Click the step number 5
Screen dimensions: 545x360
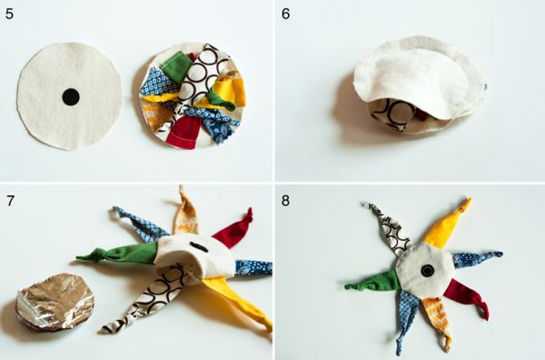(x=10, y=14)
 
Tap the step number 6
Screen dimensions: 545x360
(x=286, y=14)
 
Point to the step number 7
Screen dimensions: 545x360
(x=10, y=201)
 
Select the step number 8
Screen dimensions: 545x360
(x=285, y=201)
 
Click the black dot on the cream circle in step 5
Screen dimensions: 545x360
(x=71, y=96)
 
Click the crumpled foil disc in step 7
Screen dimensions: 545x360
(x=54, y=302)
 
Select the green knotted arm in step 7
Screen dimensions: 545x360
(x=118, y=254)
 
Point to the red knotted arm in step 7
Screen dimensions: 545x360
(x=233, y=230)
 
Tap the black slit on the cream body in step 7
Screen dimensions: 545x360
(x=199, y=247)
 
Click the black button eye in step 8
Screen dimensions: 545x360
(x=428, y=270)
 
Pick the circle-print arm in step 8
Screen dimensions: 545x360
(x=390, y=228)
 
